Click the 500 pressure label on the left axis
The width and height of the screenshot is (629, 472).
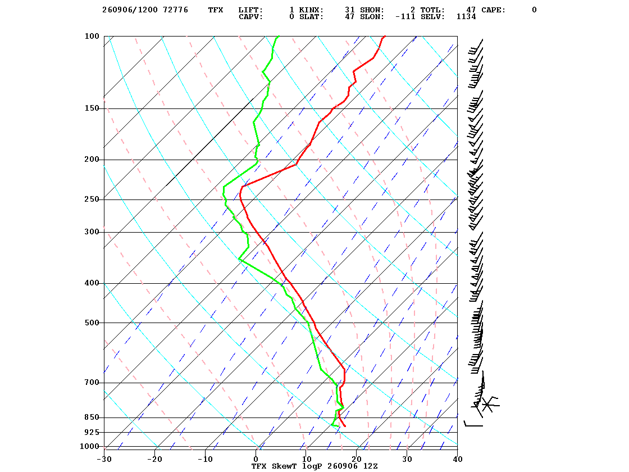point(92,323)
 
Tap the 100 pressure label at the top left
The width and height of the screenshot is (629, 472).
point(92,36)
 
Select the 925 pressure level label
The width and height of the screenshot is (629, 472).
point(92,432)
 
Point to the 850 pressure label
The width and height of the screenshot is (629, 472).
point(92,417)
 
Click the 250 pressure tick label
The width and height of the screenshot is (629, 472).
point(92,199)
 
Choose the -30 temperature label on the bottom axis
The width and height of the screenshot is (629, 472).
point(104,459)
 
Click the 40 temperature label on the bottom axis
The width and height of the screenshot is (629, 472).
point(458,459)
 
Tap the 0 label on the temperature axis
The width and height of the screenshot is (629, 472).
point(256,459)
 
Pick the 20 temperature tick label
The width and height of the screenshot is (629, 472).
point(357,459)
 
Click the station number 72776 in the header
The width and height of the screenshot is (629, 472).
point(176,10)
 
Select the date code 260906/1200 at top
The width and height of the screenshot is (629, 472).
point(130,10)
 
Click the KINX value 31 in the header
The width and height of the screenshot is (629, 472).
point(349,10)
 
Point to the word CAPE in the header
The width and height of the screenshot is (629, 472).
point(494,10)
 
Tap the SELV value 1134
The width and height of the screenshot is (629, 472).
point(466,16)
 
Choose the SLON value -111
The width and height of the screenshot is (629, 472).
point(405,16)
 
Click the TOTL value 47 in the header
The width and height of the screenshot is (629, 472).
point(471,10)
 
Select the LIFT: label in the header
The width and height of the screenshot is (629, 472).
point(250,10)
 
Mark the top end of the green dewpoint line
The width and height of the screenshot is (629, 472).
point(279,36)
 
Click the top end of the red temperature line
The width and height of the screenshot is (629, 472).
point(385,36)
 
